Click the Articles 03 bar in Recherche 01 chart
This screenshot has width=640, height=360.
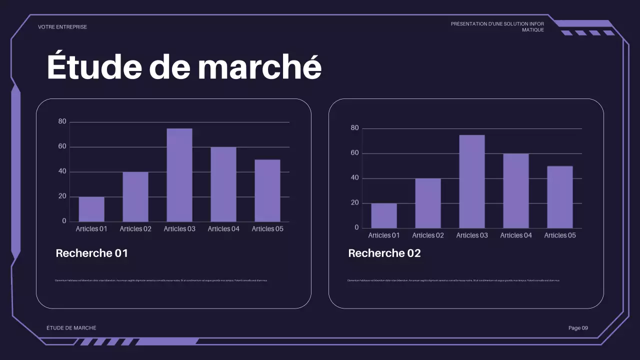(x=179, y=175)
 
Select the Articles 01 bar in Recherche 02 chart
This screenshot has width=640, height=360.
(x=384, y=215)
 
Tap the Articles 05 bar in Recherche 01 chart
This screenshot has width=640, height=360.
(x=267, y=190)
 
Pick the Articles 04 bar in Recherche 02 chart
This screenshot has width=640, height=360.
(x=516, y=190)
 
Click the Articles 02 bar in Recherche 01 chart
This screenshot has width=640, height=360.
(x=135, y=196)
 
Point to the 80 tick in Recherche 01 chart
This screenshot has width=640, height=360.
(x=62, y=121)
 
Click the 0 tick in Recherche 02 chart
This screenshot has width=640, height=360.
(x=356, y=228)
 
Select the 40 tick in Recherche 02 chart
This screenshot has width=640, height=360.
(x=354, y=178)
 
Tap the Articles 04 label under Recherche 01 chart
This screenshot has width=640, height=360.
(x=223, y=229)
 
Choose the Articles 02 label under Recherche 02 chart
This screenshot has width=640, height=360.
(x=428, y=235)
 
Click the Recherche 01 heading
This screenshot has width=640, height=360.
(x=92, y=253)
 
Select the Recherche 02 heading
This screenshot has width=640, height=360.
(x=384, y=253)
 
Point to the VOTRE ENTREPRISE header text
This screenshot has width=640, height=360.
(x=62, y=27)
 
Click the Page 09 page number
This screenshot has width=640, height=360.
(x=578, y=328)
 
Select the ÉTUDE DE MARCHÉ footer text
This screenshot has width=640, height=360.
(x=71, y=328)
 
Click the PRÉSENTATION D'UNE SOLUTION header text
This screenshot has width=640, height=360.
(x=497, y=24)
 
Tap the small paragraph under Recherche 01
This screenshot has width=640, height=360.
(x=160, y=280)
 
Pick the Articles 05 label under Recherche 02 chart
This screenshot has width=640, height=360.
(x=560, y=235)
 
